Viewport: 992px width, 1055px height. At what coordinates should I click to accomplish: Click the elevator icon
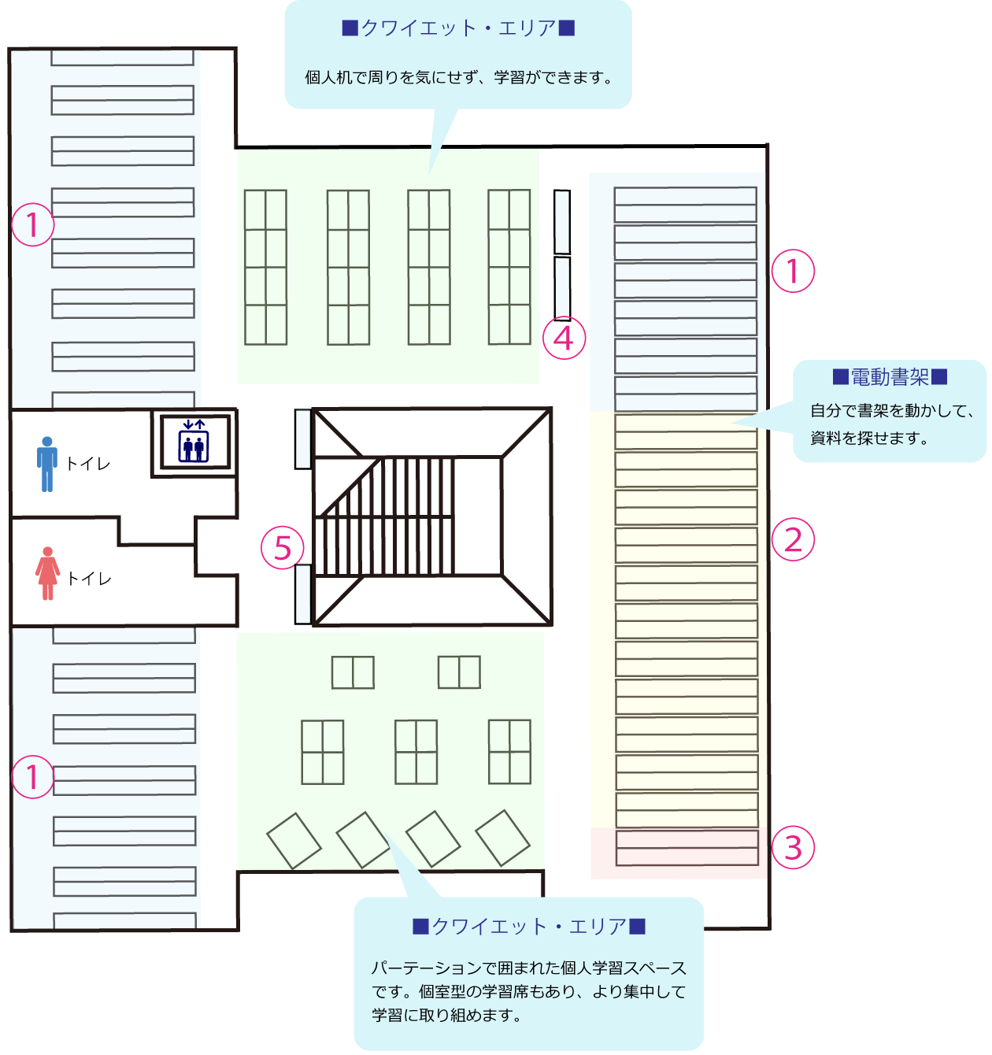click(x=194, y=441)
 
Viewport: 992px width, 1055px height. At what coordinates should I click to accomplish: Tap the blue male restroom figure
click(x=47, y=464)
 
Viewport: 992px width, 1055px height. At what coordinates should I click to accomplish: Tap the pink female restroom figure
click(x=48, y=573)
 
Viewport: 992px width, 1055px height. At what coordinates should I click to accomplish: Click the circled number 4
click(x=564, y=338)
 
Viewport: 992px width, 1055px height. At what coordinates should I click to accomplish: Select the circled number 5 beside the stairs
click(x=283, y=548)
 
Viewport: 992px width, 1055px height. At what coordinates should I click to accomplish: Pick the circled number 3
click(x=793, y=847)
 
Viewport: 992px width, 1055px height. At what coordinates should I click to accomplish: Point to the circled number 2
click(x=793, y=540)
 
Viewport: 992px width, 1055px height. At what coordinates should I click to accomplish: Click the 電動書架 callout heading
click(x=890, y=378)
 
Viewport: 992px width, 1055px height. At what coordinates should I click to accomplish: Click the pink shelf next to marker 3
click(x=687, y=847)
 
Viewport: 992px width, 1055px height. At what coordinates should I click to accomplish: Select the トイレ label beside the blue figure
click(x=88, y=464)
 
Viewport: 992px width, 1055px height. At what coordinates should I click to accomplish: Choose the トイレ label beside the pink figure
click(x=89, y=579)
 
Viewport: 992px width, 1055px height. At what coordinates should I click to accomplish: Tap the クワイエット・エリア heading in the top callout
click(x=458, y=28)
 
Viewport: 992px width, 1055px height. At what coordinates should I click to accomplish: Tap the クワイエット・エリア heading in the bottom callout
click(x=529, y=927)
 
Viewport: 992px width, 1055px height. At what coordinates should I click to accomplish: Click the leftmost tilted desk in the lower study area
click(x=294, y=841)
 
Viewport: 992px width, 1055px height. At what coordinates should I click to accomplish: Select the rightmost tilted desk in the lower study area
click(x=502, y=838)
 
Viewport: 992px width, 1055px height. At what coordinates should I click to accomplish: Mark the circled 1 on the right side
click(x=793, y=271)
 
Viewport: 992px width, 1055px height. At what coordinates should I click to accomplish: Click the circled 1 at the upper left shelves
click(x=32, y=225)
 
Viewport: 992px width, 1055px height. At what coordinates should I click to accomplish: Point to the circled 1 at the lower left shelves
click(x=32, y=777)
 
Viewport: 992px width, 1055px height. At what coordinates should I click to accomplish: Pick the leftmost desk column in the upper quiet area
click(x=265, y=267)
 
